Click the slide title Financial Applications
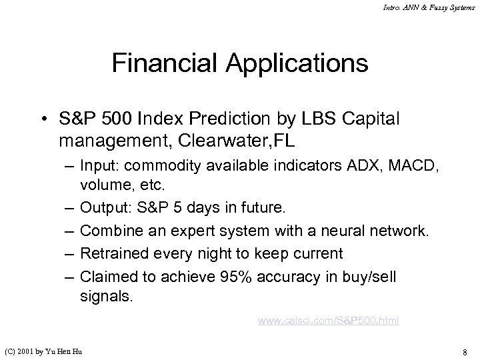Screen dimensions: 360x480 (x=240, y=63)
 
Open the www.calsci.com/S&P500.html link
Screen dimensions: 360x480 (x=328, y=321)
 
